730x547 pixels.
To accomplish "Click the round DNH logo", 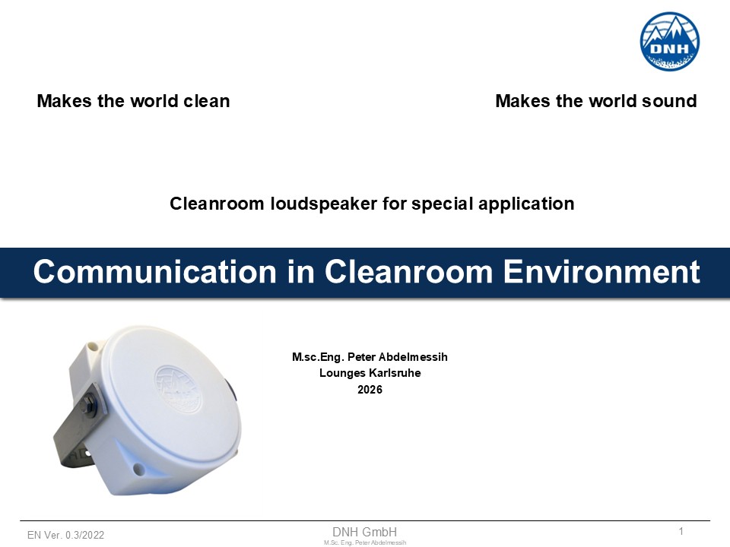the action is point(669,41).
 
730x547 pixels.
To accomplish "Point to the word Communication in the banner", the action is point(155,272).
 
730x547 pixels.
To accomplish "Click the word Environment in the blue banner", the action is point(601,272).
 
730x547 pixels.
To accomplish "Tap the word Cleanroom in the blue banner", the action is point(408,272).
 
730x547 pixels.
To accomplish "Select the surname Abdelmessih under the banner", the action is point(413,357).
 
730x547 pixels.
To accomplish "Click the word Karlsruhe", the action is point(395,373).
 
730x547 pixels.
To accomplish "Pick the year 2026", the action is point(370,390).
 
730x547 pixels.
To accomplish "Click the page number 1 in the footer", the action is point(681,531).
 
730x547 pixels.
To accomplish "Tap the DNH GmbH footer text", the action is point(364,532).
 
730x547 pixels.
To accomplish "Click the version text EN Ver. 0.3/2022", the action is point(65,536).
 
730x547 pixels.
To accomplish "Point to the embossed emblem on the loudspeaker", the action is point(178,389).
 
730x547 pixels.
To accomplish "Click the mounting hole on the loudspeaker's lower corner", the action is point(138,469).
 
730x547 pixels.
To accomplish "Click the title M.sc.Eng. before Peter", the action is point(318,358).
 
